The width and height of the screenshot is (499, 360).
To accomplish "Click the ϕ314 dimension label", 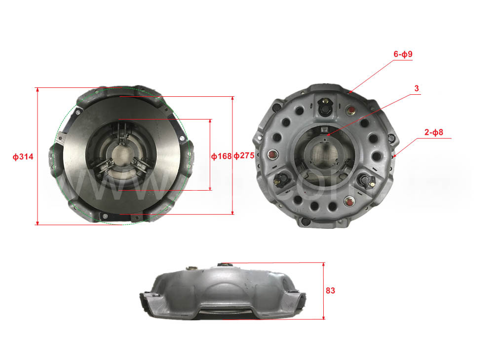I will click(23, 157).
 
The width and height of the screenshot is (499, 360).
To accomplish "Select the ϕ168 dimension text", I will click(221, 157).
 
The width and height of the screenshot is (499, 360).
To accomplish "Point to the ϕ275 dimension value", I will click(243, 157).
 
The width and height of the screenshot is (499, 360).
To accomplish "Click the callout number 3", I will click(417, 88).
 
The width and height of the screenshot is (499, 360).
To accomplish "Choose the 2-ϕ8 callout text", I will click(434, 132).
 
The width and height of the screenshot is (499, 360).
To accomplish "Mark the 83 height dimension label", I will click(330, 291).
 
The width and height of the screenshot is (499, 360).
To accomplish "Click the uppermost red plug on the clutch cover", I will click(352, 110).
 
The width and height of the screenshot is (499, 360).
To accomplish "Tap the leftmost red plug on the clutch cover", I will click(271, 156).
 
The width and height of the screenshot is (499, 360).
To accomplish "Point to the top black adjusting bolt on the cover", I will click(325, 106).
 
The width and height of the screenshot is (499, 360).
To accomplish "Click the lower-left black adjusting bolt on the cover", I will click(283, 181).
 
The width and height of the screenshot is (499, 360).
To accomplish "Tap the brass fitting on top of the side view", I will click(190, 269).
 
